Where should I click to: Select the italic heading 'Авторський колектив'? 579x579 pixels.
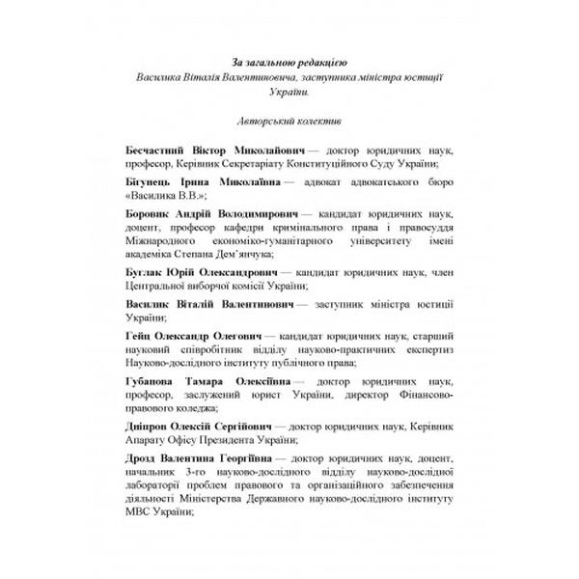coord(289,122)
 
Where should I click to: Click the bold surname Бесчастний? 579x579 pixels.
coord(161,152)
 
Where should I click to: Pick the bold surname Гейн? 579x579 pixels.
coord(140,333)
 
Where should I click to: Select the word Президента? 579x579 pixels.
coord(241,438)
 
